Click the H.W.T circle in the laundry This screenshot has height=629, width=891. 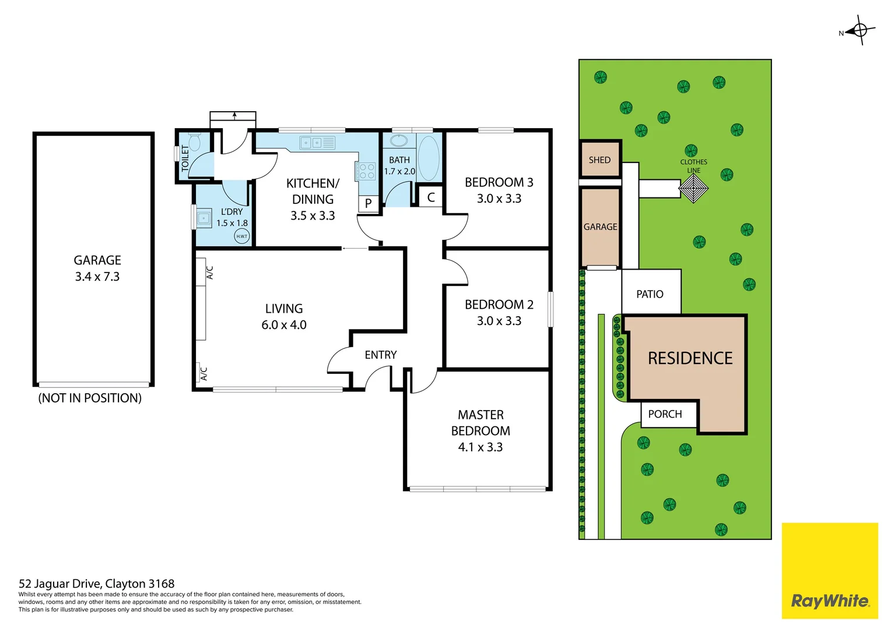pos(241,236)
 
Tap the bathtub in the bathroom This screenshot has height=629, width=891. pos(429,158)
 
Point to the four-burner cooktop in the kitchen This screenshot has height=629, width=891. pos(366,171)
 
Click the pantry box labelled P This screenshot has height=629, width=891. pos(369,203)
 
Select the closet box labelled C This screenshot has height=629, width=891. pos(431,197)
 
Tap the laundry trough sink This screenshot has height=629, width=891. pos(204,218)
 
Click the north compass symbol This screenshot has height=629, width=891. pos(860,30)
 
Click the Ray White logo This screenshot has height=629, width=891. pos(829,600)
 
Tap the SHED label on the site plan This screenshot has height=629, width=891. pos(599,160)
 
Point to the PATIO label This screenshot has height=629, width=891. pos(650,294)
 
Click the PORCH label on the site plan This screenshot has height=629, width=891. pos(665,414)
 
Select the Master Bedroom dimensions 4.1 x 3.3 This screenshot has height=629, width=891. pos(480,447)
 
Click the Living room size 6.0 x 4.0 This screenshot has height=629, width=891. pos(284,325)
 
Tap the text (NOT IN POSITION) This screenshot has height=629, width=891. pos(90,398)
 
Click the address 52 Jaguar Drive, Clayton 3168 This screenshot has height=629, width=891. pos(97,584)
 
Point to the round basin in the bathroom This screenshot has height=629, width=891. pos(399,140)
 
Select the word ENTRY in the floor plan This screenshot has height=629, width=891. pos(380,355)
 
